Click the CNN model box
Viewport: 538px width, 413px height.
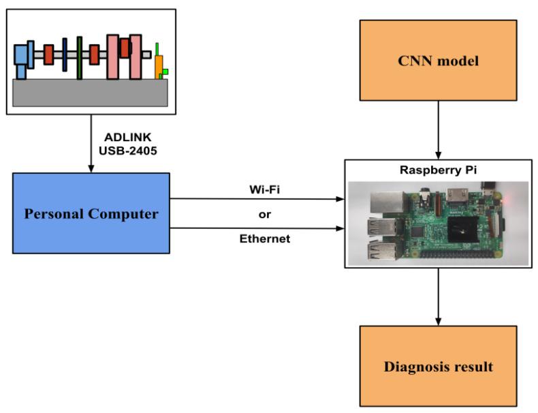(438, 61)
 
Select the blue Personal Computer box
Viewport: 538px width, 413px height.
(91, 213)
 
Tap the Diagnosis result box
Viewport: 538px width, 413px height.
(438, 366)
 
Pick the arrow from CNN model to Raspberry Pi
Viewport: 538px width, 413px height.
(438, 130)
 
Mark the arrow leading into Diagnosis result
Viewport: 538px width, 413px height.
(438, 296)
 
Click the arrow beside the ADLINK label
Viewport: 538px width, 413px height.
(91, 140)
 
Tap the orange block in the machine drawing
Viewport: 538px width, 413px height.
(159, 67)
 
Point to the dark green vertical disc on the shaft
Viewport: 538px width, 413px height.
(80, 58)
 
